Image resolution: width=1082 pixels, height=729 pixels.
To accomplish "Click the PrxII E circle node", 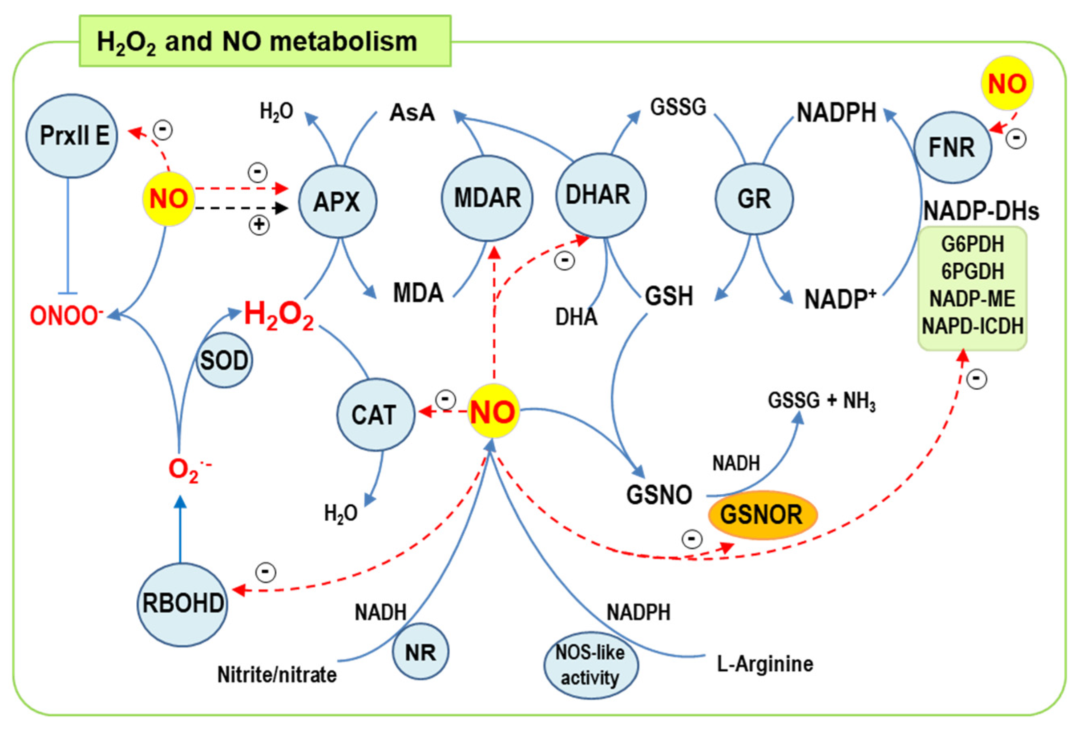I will [71, 136].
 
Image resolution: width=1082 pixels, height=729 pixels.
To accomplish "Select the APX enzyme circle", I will [337, 202].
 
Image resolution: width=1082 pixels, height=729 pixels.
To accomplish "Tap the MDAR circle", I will [487, 197].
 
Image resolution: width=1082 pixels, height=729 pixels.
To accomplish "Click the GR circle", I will [754, 199].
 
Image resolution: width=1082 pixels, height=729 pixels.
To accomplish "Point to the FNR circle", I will [952, 147].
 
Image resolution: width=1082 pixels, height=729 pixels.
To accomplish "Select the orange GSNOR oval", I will [762, 515].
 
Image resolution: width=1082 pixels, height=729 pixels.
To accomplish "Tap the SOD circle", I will [224, 360].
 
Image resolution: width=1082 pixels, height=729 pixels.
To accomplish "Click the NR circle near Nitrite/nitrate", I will [421, 652].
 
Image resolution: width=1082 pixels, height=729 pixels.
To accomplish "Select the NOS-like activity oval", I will [591, 665].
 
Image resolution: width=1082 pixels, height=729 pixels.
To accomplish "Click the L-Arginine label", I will [764, 664].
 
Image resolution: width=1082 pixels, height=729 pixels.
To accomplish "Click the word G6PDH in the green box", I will [973, 244].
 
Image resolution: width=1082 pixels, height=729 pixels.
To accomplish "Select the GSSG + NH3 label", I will [821, 401].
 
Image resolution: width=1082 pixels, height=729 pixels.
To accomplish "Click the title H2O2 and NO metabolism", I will [257, 42].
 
